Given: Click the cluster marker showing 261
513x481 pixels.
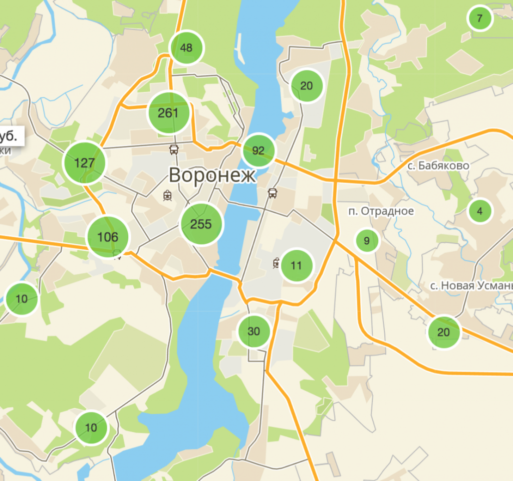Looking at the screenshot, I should click(168, 113).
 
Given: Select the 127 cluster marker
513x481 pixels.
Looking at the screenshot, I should click(84, 163).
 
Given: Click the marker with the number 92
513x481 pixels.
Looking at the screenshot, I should click(259, 150).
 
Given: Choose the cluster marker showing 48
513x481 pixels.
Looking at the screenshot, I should click(186, 48).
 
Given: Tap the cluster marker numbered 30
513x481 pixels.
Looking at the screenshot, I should click(254, 331).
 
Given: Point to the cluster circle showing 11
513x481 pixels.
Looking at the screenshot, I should click(297, 265).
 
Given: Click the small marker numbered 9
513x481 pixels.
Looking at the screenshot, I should click(367, 241).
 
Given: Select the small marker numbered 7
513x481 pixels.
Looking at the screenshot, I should click(480, 19).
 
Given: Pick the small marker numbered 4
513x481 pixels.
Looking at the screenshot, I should click(480, 211).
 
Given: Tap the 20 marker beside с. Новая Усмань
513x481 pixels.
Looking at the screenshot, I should click(443, 332).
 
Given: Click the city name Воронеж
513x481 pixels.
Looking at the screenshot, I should click(212, 175).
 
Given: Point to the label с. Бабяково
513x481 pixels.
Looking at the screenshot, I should click(438, 166).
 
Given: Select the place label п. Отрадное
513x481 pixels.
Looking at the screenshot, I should click(381, 211).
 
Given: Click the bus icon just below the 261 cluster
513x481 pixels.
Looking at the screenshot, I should click(174, 149).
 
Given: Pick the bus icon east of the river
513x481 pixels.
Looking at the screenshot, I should click(273, 193).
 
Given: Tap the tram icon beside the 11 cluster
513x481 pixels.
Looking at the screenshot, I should click(276, 263).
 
